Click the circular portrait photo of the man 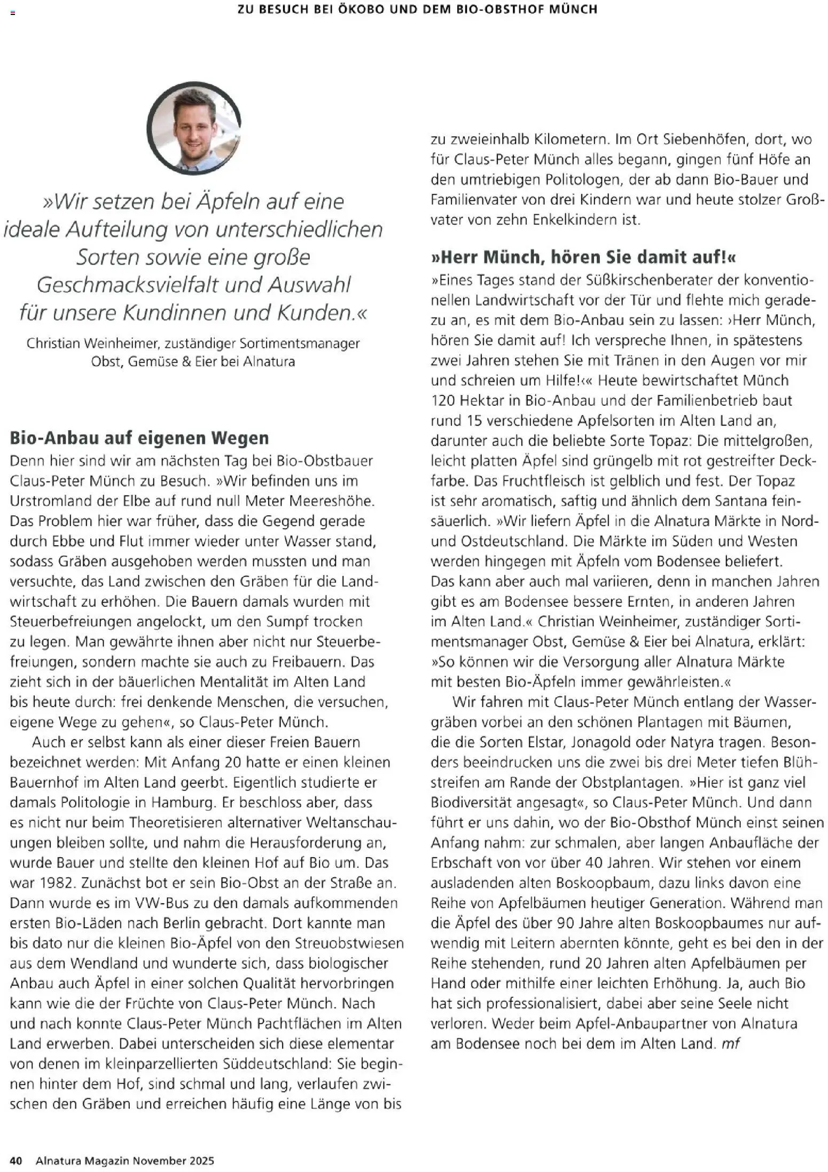(194, 128)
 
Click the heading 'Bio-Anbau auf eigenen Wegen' (139, 438)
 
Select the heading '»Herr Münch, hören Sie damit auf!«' (583, 257)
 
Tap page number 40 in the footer (16, 1160)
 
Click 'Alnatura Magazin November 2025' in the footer (125, 1160)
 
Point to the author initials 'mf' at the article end (730, 1043)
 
